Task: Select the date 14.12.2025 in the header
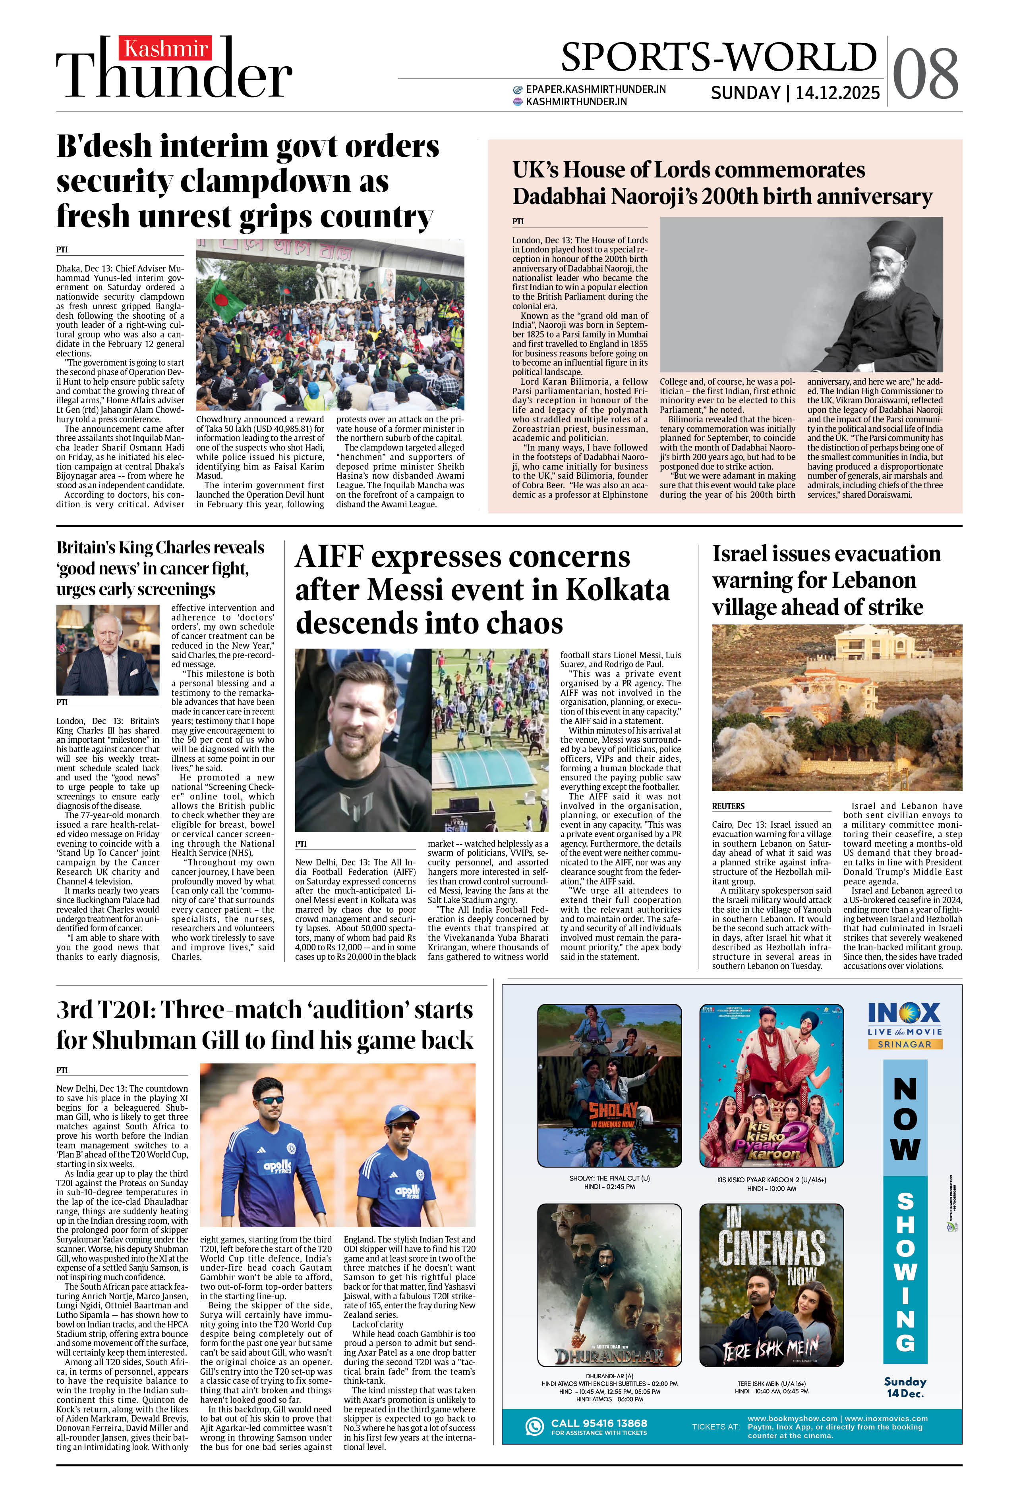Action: pyautogui.click(x=837, y=93)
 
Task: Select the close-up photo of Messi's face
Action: pyautogui.click(x=363, y=740)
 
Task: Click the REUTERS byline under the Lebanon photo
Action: pyautogui.click(x=728, y=806)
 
